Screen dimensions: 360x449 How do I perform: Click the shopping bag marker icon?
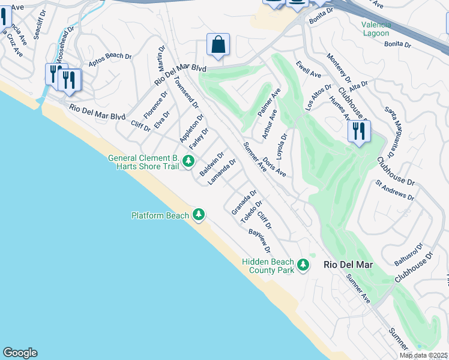[218, 44]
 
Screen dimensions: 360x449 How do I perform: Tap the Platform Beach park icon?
[199, 215]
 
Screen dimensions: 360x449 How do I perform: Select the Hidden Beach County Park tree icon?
[304, 265]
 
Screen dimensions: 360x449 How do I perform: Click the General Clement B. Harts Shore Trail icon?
[188, 161]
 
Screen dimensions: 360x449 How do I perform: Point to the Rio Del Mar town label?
[348, 265]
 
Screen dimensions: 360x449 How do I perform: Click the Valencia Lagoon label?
[376, 29]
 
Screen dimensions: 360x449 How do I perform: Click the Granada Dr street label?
[244, 202]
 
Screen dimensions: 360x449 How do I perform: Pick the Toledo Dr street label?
[252, 212]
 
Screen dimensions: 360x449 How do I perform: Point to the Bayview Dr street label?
[260, 239]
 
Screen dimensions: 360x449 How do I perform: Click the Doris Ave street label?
[274, 167]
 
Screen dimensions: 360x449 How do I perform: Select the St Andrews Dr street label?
[394, 190]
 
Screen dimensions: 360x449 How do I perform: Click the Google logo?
[20, 353]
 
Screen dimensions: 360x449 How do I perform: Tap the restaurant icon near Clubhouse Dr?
[359, 131]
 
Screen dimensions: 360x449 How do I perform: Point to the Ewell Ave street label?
[308, 68]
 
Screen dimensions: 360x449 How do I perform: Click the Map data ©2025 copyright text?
[424, 355]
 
